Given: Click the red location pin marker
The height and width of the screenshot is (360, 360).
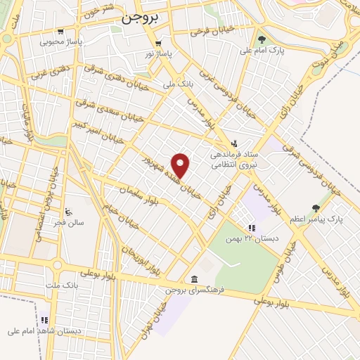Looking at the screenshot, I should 181,165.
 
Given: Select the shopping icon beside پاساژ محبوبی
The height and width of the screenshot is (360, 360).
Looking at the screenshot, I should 60,31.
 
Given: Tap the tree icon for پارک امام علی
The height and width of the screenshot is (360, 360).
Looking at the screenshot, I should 262,39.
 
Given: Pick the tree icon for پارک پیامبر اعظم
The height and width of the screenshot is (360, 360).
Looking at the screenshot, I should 316,207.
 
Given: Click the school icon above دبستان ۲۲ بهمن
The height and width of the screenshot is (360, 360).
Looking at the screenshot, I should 251,227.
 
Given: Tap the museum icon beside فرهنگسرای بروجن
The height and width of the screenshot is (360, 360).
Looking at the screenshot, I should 194,278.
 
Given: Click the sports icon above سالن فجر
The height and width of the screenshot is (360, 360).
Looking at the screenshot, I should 68,212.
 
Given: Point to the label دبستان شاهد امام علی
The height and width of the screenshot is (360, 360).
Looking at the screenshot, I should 44,330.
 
